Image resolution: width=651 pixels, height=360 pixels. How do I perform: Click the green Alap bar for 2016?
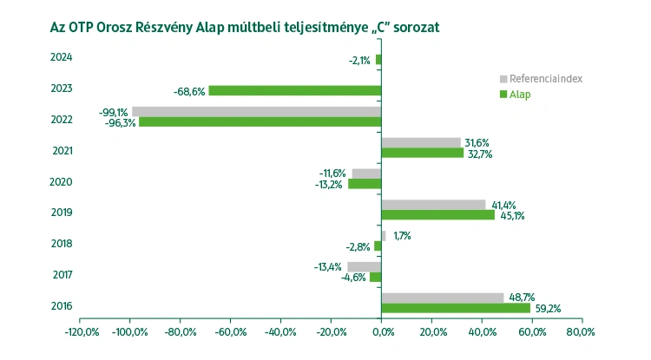click(x=456, y=308)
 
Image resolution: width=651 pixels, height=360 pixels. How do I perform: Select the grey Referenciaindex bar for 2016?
click(x=443, y=298)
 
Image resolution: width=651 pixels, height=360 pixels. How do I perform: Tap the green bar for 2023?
click(x=295, y=90)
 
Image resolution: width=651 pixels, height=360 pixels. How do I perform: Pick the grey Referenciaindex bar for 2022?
click(x=257, y=111)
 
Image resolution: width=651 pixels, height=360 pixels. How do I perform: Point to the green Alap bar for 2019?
click(x=438, y=214)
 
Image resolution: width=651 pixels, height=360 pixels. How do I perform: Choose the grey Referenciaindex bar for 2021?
click(x=421, y=142)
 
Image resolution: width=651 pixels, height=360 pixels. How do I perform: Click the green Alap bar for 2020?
click(x=365, y=184)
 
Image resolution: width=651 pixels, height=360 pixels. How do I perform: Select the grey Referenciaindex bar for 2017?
click(x=365, y=266)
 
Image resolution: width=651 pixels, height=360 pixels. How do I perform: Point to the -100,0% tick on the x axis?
click(x=129, y=331)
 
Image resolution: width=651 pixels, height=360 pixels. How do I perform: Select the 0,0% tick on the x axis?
click(x=382, y=331)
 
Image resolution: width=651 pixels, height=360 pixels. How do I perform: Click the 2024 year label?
click(x=62, y=58)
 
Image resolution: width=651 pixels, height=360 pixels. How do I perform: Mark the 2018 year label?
click(x=62, y=244)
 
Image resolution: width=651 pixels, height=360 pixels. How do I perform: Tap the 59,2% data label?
click(x=549, y=308)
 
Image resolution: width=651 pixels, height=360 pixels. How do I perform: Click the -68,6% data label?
click(x=188, y=90)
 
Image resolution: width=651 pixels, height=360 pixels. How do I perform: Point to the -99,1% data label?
click(x=114, y=111)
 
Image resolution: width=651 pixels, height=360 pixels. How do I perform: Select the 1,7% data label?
click(x=403, y=235)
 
